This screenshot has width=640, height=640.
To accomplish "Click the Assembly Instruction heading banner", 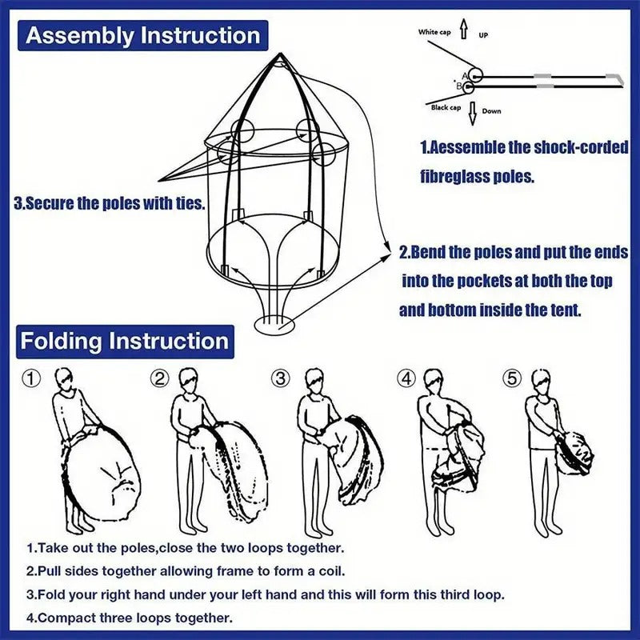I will [x=142, y=36].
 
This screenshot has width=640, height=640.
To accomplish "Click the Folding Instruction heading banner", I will [x=124, y=341].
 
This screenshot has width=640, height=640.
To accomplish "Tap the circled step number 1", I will [x=31, y=378].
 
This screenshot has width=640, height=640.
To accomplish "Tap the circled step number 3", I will [x=281, y=378].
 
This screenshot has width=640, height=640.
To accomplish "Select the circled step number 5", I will [x=510, y=378].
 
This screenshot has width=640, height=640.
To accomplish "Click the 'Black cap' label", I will [x=446, y=107].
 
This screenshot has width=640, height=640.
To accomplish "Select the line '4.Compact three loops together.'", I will [x=130, y=617].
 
